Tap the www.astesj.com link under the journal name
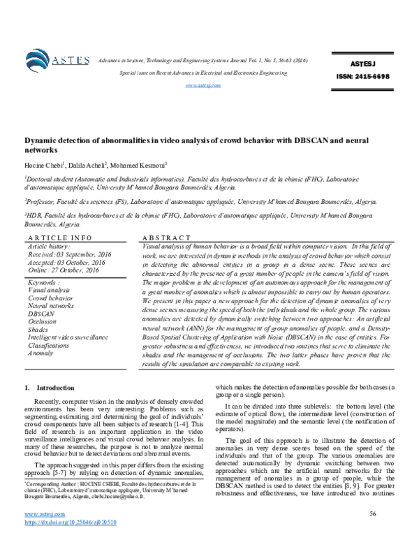203,85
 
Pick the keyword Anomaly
41,353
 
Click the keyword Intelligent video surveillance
68,337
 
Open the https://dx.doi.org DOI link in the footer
62,522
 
